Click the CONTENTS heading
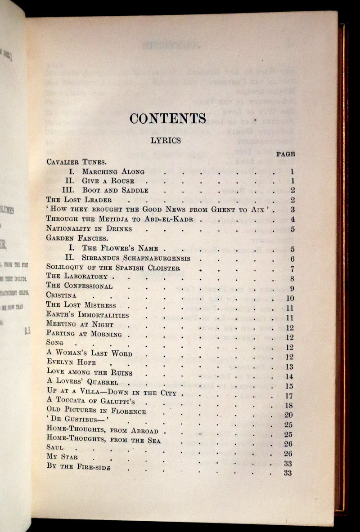tap(167, 118)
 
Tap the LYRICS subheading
tap(166, 141)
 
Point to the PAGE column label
tap(286, 154)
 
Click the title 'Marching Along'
tap(113, 171)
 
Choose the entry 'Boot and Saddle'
tap(115, 190)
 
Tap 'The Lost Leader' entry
tap(79, 200)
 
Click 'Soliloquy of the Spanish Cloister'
tap(107, 268)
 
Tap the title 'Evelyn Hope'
tap(71, 362)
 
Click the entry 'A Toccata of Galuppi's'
tap(90, 400)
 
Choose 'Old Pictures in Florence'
tap(96, 411)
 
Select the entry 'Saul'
tap(55, 447)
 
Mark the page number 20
tap(288, 415)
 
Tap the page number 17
tap(289, 396)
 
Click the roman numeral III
tap(69, 190)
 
